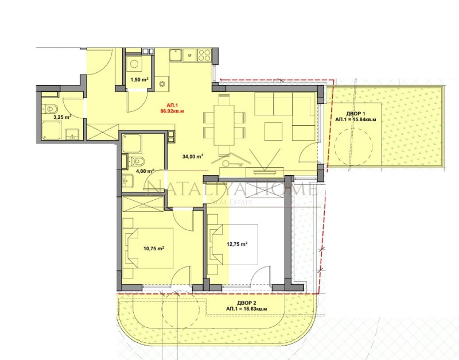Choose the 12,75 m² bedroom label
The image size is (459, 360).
click(236, 244)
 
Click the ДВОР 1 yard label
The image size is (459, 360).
click(349, 112)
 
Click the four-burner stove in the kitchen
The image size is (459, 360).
click(204, 55)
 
